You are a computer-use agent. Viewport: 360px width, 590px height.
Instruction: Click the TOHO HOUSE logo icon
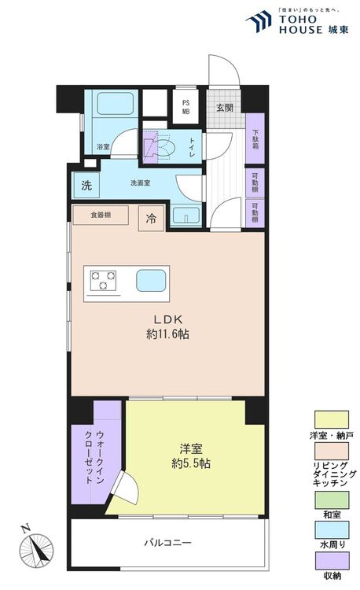(259, 22)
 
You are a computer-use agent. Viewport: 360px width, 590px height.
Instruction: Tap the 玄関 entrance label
(224, 108)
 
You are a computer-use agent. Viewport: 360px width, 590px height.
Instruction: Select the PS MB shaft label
(186, 107)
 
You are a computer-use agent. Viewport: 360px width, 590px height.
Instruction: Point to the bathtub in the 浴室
(116, 103)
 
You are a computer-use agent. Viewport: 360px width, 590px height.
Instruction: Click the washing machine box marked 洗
(86, 185)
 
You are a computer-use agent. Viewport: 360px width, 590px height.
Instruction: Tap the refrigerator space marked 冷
(151, 218)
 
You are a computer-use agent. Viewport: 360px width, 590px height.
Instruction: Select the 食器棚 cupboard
(101, 216)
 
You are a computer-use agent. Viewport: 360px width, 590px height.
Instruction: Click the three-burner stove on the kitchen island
(103, 280)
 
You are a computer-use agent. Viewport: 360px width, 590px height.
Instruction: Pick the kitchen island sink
(151, 280)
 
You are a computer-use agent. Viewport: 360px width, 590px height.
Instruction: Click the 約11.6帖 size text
(167, 334)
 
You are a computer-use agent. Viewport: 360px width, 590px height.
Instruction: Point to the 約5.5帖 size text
(191, 463)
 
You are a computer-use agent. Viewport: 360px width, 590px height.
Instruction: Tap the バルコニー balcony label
(168, 542)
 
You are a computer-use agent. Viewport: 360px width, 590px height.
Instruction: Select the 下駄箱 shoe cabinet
(255, 138)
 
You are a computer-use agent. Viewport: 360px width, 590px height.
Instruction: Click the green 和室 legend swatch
(332, 500)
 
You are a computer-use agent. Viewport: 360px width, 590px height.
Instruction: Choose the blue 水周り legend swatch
(332, 529)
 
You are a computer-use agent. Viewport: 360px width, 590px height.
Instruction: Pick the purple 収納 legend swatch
(332, 561)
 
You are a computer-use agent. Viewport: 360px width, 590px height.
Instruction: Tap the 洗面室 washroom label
(141, 183)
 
